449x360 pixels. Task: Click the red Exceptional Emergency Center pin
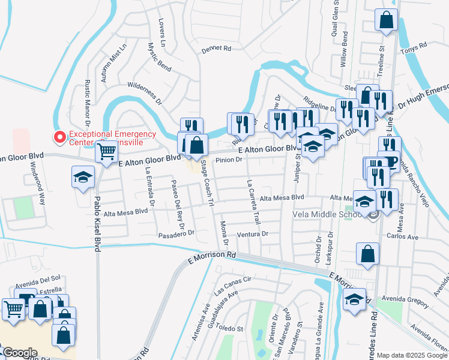click(x=60, y=137)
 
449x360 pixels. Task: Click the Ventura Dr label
click(x=252, y=234)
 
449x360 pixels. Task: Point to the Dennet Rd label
click(x=216, y=48)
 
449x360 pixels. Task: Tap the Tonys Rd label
click(x=414, y=46)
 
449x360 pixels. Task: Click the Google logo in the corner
click(x=20, y=352)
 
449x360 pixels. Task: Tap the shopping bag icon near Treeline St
click(x=387, y=20)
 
